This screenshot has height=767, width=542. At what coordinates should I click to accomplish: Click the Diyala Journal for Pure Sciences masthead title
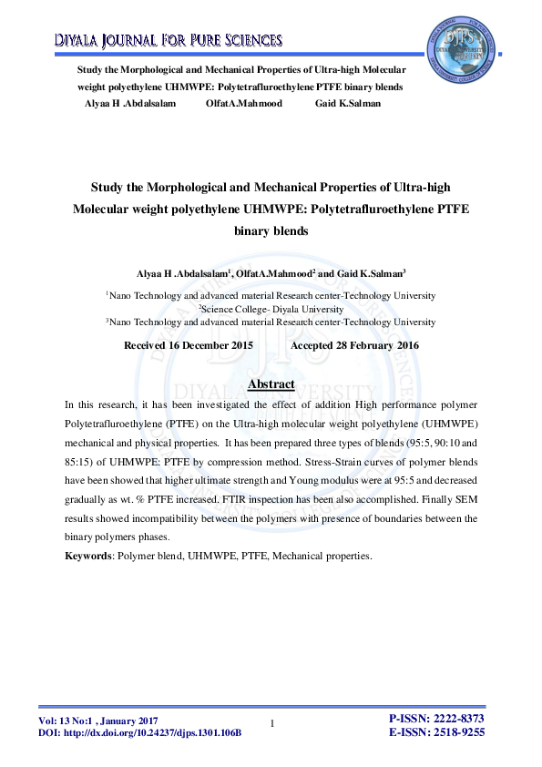point(169,40)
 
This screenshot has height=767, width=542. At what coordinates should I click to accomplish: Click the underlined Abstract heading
point(271,384)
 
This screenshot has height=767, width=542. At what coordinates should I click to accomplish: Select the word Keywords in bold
point(87,554)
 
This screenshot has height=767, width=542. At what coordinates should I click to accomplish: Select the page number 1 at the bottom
point(272,723)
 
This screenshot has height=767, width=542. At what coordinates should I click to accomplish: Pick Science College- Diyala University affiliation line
point(271,309)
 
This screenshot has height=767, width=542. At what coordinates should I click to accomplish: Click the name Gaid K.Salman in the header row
point(348,103)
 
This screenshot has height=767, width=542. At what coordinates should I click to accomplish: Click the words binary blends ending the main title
point(271,231)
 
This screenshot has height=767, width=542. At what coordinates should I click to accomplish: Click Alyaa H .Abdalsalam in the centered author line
point(175,272)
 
